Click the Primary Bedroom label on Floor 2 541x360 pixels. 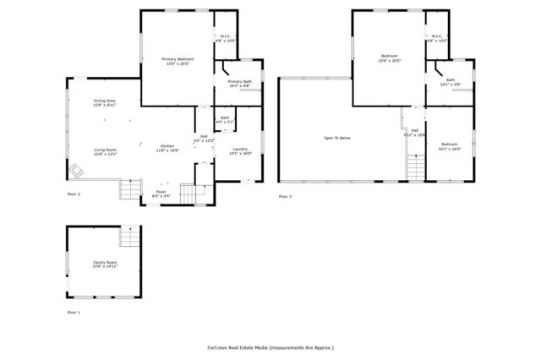pyautogui.click(x=175, y=60)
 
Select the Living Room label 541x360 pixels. pyautogui.click(x=105, y=152)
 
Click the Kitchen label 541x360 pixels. pyautogui.click(x=167, y=148)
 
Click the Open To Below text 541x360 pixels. pyautogui.click(x=336, y=138)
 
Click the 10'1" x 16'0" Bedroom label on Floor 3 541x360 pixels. pyautogui.click(x=450, y=146)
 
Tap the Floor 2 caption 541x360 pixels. pyautogui.click(x=74, y=194)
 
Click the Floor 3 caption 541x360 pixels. pyautogui.click(x=285, y=196)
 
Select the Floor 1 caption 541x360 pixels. pyautogui.click(x=74, y=312)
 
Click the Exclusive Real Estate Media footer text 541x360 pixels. pyautogui.click(x=270, y=347)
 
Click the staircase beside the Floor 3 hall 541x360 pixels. pyautogui.click(x=414, y=168)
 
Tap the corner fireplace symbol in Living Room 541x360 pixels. pyautogui.click(x=77, y=172)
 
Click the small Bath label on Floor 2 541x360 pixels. pyautogui.click(x=224, y=120)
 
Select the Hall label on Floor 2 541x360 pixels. pyautogui.click(x=204, y=139)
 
